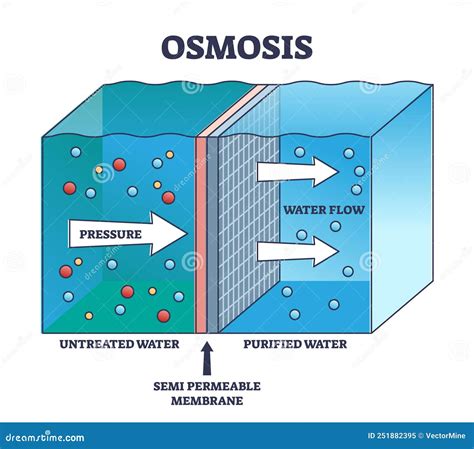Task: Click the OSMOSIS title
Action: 237,48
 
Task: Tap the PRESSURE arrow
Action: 128,234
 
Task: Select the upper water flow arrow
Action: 298,172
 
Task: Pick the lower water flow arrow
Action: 298,251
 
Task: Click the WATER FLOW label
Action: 324,210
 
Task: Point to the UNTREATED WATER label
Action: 119,344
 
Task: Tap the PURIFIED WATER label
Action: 295,344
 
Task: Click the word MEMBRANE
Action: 207,400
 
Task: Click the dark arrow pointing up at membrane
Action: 207,358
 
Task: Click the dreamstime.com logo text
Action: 45,437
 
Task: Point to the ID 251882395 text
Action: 392,435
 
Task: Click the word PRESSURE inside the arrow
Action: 110,234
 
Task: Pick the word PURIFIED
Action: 270,344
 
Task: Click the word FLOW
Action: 348,210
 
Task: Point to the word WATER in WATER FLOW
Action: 306,210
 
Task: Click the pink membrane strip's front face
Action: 201,236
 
